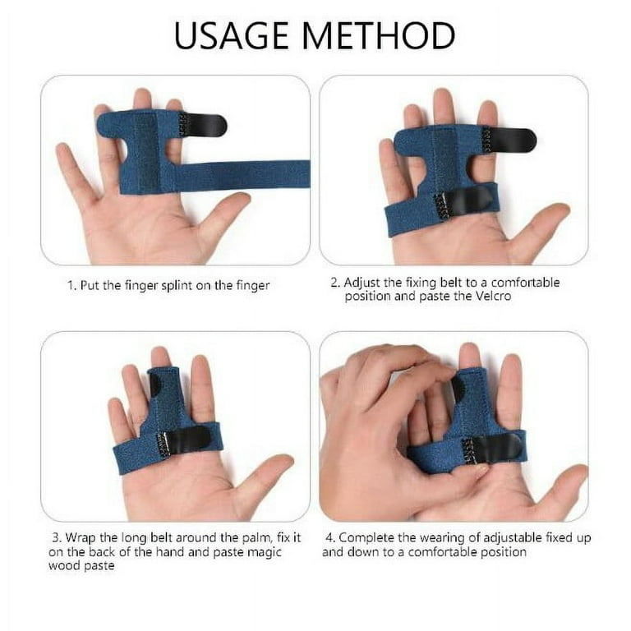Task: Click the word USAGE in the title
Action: click(231, 35)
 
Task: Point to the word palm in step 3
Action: click(256, 537)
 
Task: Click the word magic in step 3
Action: click(264, 552)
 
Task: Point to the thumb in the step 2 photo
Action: click(539, 225)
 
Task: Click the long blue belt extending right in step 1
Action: click(246, 174)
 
